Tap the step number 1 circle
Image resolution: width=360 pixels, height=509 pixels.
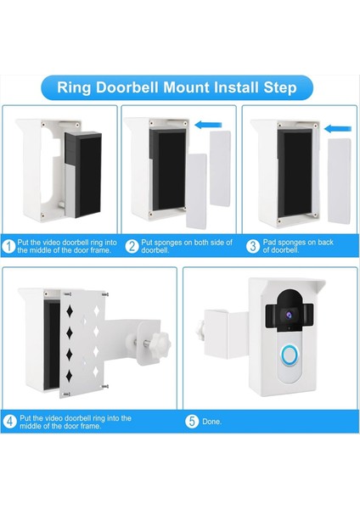coord(9,247)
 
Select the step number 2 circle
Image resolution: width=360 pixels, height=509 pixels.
coord(132,247)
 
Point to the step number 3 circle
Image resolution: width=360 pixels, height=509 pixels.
coord(252,247)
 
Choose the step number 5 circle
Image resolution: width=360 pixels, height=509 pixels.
coord(193,420)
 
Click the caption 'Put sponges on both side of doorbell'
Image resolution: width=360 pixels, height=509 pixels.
coord(181,247)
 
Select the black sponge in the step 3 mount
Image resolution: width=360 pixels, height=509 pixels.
coord(295,178)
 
